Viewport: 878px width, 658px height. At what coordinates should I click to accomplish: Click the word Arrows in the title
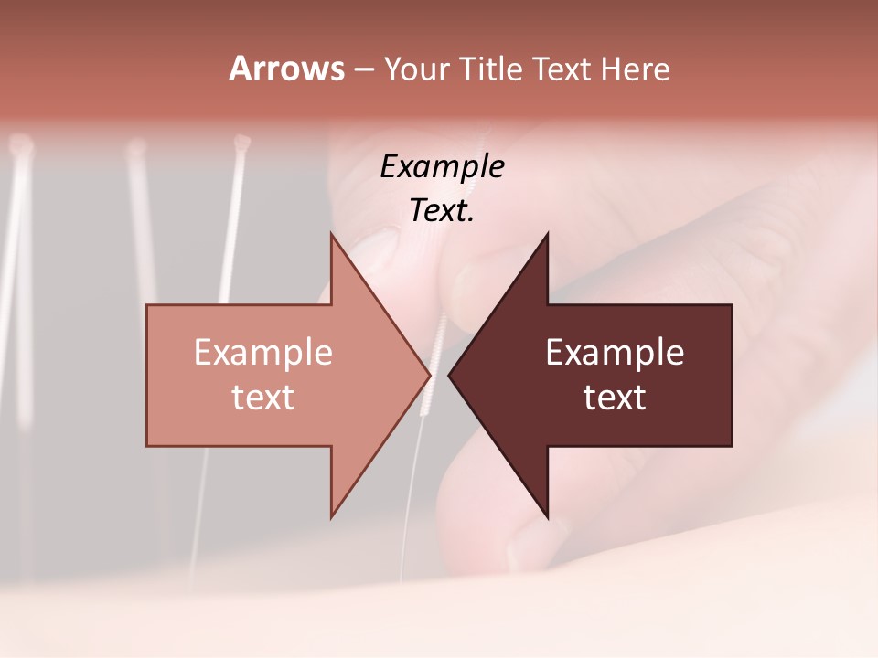point(286,69)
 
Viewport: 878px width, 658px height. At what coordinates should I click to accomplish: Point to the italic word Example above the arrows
point(442,167)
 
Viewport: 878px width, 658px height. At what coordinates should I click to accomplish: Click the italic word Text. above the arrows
point(442,211)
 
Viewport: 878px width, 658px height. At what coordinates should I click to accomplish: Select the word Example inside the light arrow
point(262,352)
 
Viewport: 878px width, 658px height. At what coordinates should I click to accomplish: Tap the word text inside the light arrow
point(262,397)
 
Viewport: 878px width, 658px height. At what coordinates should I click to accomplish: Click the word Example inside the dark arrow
point(615,352)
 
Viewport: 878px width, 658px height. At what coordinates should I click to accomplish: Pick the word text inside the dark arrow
point(615,397)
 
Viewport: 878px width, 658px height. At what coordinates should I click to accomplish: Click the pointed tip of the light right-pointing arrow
point(430,375)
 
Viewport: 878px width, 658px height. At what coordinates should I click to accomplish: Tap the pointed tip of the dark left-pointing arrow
point(449,375)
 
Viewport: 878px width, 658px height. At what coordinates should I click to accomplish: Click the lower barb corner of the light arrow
point(331,517)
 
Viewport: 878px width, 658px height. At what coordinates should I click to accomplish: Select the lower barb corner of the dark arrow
point(548,517)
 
